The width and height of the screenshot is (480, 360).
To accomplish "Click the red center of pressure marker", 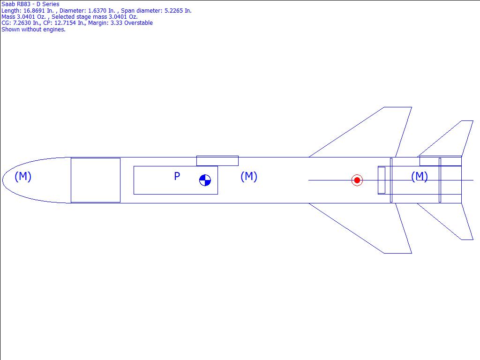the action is [x=357, y=180].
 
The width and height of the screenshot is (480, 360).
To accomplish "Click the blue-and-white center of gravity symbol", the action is [x=205, y=180].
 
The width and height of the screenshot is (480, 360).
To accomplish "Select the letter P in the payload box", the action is [x=177, y=176].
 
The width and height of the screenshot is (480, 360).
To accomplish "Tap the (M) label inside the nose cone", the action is [x=23, y=176].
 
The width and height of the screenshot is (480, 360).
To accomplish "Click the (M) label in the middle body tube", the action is [x=249, y=176].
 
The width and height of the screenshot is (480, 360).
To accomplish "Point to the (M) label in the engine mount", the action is [x=420, y=176].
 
